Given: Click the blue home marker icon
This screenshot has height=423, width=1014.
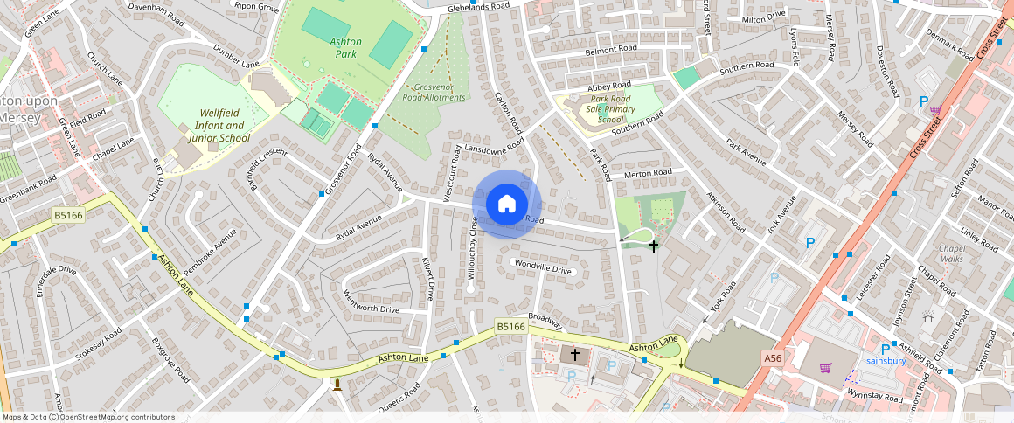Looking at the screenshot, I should click(507, 205).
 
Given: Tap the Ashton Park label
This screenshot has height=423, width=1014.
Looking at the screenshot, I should click(346, 47).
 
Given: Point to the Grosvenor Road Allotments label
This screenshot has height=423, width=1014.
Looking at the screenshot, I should click(434, 92).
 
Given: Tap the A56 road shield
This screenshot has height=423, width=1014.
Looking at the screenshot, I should click(772, 358).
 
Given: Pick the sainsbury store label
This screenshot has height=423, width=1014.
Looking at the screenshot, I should click(885, 360).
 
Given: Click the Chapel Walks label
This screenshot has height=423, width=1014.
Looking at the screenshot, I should click(951, 253).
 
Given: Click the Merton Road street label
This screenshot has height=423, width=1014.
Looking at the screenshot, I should click(648, 174).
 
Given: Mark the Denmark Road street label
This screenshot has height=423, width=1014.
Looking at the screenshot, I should click(949, 46).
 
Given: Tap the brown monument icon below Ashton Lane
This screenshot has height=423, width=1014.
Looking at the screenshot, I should click(337, 384).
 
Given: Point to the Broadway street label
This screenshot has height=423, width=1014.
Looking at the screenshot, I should click(544, 322).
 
